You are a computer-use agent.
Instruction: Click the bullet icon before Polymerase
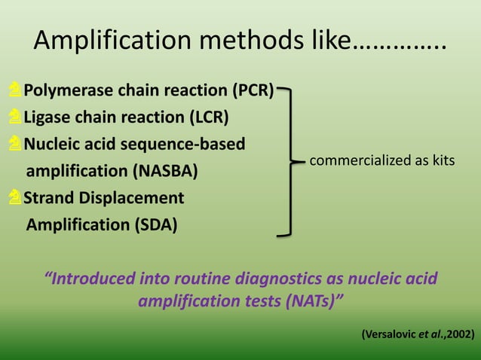tap(15, 92)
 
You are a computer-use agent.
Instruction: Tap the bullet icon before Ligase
tap(15, 117)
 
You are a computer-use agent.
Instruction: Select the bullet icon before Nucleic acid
tap(15, 144)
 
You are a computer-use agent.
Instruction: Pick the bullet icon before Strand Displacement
tap(15, 198)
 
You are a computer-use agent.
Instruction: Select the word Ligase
tap(46, 117)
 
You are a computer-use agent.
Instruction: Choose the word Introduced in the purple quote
tap(94, 279)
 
